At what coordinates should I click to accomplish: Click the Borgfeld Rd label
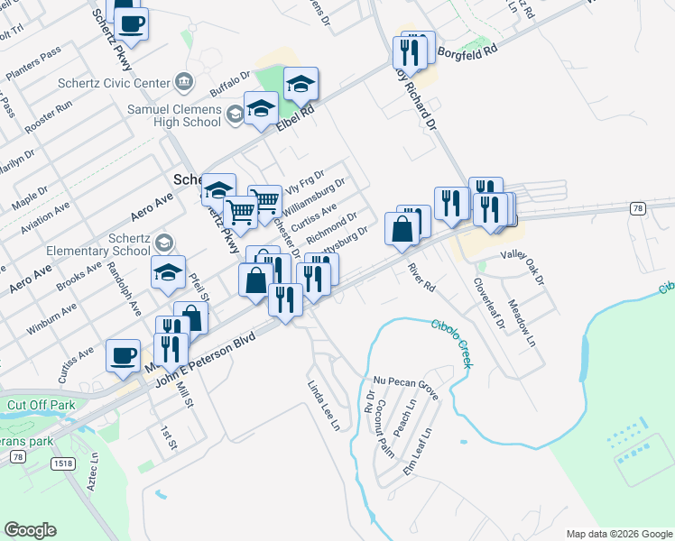pos(467,52)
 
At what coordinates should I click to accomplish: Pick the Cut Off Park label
pos(41,405)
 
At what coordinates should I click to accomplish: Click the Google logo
pos(30,530)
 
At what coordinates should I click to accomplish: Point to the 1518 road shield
pos(62,463)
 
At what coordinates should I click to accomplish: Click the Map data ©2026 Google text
pos(618,533)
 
